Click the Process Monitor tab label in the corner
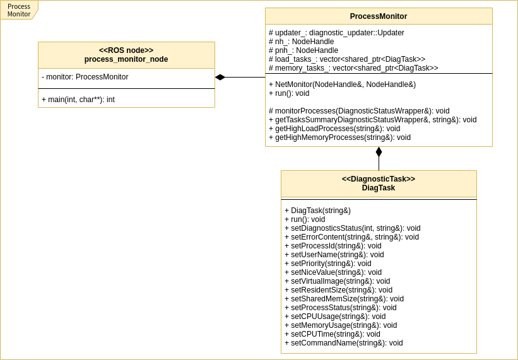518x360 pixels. [19, 10]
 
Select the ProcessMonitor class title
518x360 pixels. [378, 16]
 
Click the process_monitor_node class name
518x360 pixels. [126, 59]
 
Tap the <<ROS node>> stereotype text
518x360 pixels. [126, 50]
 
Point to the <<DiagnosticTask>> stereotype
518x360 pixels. [378, 179]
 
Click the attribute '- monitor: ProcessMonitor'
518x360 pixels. [85, 77]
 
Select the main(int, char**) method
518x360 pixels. [78, 100]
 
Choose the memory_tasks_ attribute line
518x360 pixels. [353, 68]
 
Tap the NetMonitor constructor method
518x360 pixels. [342, 84]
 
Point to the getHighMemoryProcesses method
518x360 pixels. [339, 137]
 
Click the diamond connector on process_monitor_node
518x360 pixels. [220, 78]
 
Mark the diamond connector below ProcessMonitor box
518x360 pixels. [379, 152]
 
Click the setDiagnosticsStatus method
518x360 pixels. [352, 228]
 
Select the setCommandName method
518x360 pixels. [343, 343]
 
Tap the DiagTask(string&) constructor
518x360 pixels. [317, 211]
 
